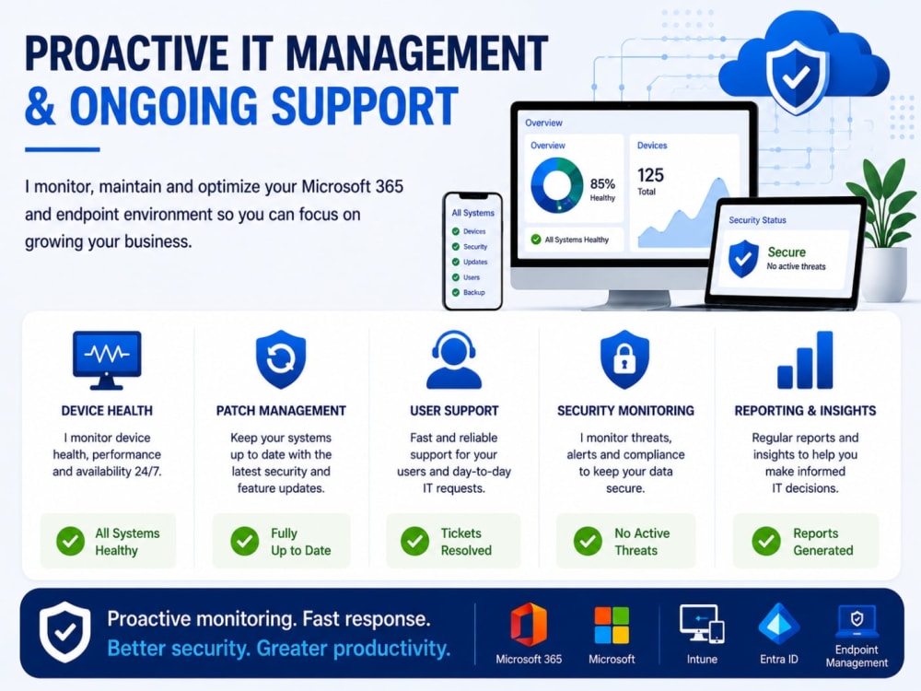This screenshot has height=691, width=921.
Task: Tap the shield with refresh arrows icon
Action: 281,359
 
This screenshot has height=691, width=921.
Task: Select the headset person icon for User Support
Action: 453,359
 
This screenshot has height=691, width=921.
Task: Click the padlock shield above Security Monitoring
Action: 624,359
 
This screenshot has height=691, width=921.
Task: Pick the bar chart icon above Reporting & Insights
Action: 805,359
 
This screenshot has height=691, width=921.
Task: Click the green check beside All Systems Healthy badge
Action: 71,541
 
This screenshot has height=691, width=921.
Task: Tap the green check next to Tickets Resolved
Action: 414,541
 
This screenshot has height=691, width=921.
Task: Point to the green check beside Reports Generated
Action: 766,541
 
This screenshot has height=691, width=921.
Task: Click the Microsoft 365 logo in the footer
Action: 529,625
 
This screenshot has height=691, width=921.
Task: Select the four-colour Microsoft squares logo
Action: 612,626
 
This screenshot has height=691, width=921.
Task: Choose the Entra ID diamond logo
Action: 779,624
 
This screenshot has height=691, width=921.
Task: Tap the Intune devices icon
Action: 702,624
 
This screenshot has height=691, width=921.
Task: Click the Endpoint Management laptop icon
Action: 857,621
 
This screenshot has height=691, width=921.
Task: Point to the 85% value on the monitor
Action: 602,184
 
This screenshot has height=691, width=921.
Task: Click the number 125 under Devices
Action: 651,175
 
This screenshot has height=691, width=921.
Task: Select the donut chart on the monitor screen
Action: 557,185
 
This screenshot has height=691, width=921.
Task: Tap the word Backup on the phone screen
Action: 474,293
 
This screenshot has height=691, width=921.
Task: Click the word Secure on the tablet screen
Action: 787,252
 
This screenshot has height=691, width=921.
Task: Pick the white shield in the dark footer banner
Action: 65,632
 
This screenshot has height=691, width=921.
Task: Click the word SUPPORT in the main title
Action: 365,106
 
